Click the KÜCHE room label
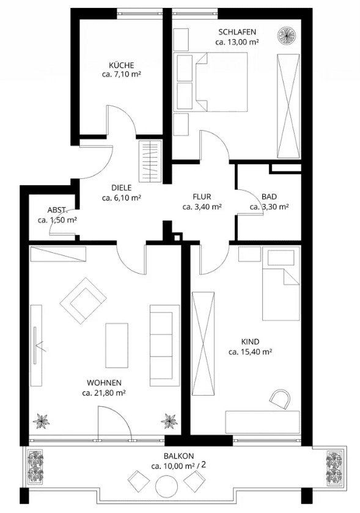[x=122, y=65]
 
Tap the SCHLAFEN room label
[x=237, y=32]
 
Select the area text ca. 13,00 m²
[x=237, y=42]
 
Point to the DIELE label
[x=122, y=188]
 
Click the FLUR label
[x=202, y=197]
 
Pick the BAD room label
[x=269, y=197]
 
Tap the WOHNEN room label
[x=104, y=383]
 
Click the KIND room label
[x=250, y=342]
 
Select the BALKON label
[x=178, y=456]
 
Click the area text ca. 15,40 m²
[x=250, y=352]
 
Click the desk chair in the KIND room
[x=280, y=399]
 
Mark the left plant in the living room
[x=43, y=421]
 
